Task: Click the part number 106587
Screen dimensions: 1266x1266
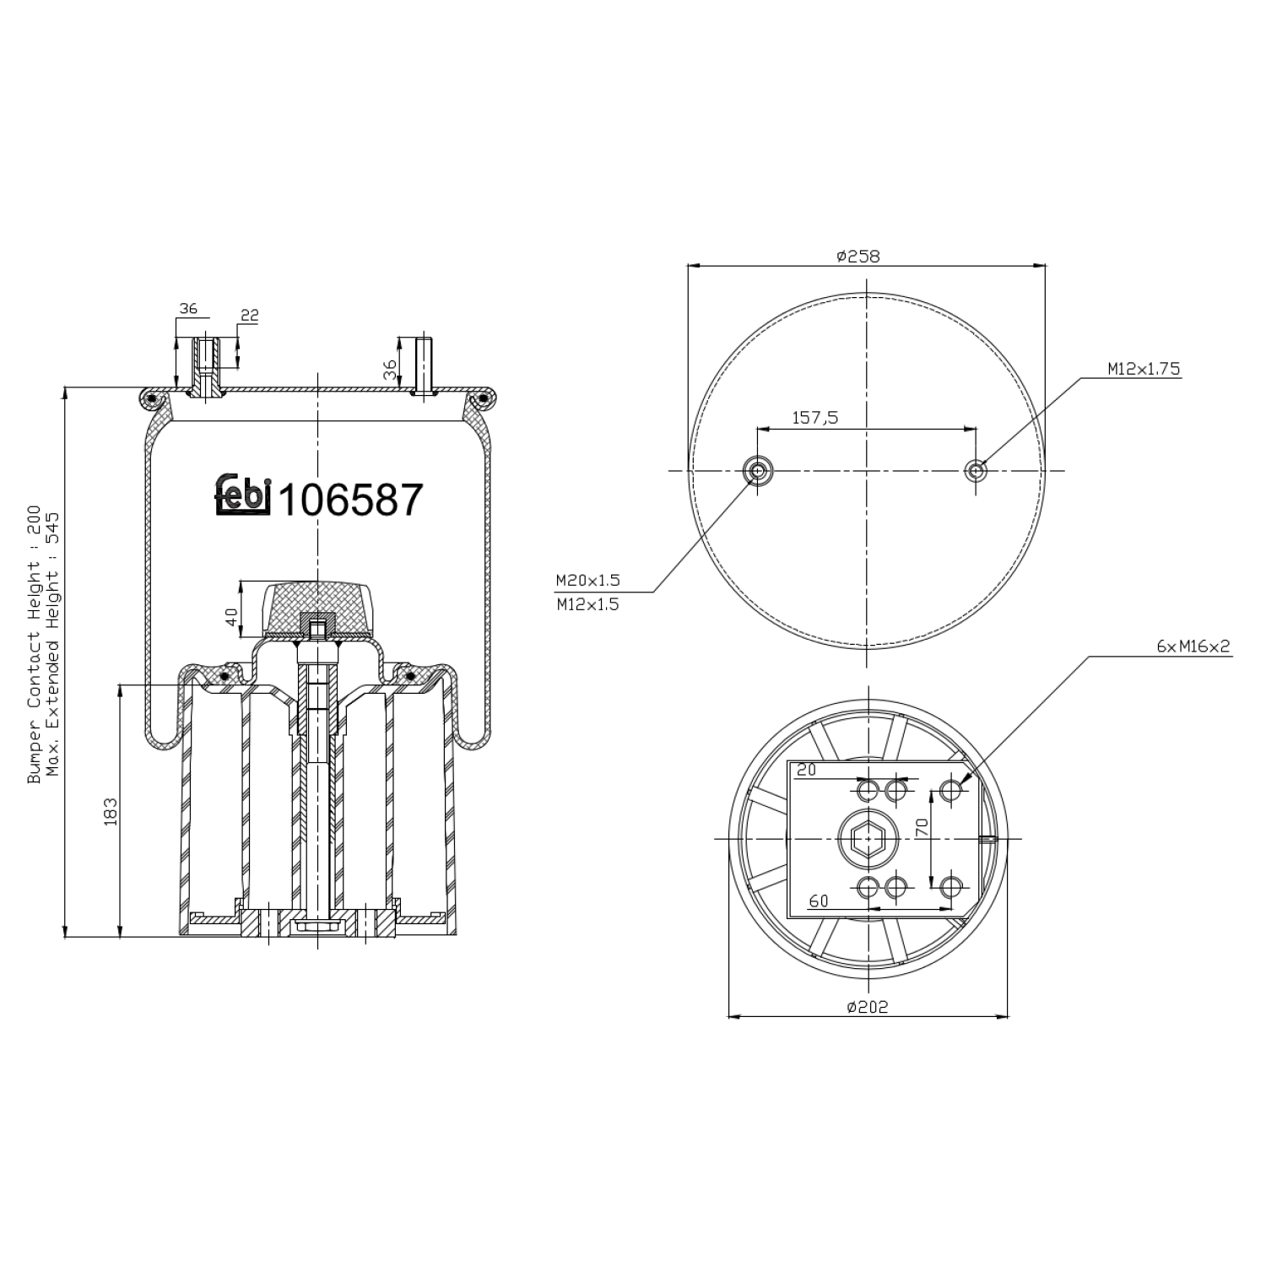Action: [x=349, y=501]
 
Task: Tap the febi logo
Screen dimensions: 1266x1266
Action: [x=241, y=495]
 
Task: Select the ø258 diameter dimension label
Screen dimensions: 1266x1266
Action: [x=858, y=256]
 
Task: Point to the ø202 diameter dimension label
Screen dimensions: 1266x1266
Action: [x=867, y=1006]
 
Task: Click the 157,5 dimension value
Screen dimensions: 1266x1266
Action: [x=814, y=418]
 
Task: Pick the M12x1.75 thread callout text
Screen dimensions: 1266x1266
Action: [x=1144, y=368]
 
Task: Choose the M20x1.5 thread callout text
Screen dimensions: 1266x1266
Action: [x=587, y=580]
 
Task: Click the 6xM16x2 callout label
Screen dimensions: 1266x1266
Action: [x=1193, y=647]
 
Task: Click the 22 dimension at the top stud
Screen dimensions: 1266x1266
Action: [x=249, y=316]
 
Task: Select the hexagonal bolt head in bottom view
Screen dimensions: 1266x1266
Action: [x=867, y=839]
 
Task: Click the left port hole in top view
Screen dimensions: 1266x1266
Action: [x=757, y=470]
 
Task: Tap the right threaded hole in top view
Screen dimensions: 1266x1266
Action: [x=977, y=470]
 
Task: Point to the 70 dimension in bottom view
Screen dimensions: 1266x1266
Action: [x=922, y=827]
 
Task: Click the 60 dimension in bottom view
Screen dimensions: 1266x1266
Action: [x=818, y=901]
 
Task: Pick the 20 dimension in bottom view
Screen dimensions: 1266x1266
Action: [x=807, y=770]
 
